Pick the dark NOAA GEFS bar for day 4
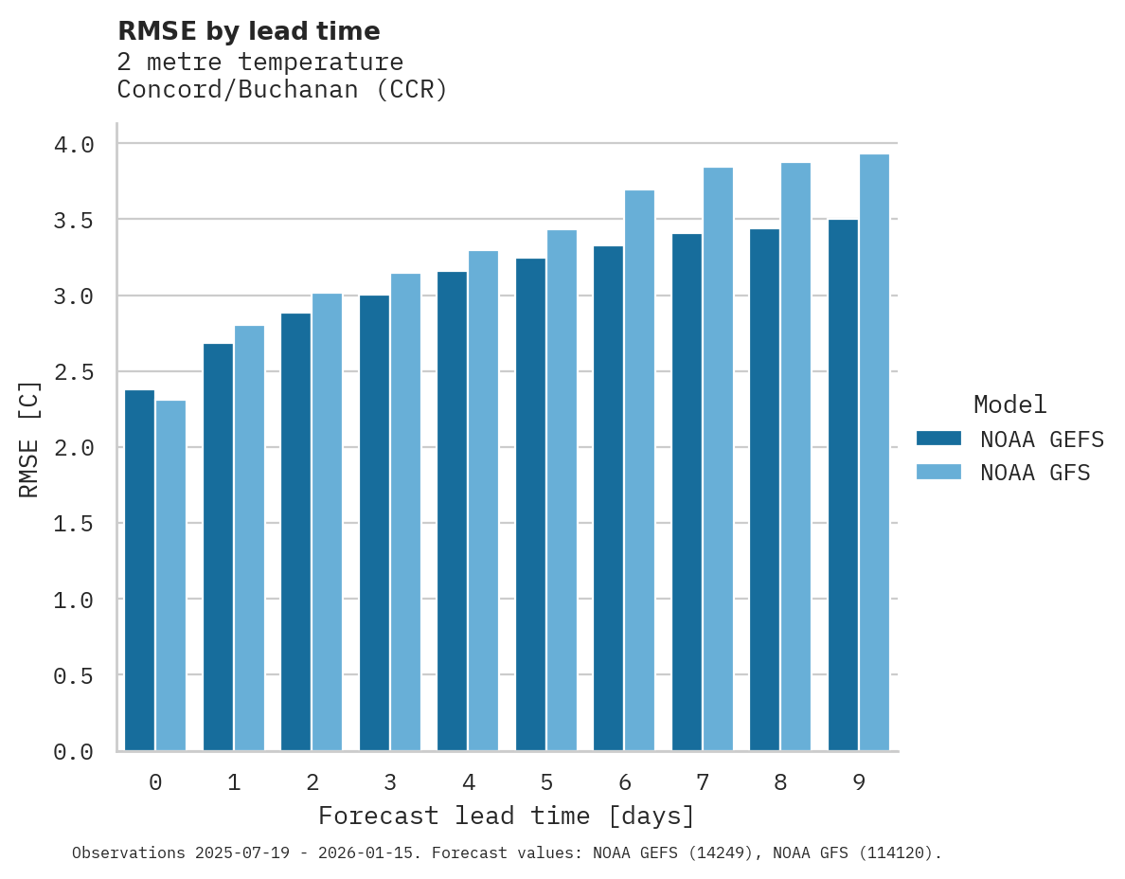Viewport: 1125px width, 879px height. coord(452,511)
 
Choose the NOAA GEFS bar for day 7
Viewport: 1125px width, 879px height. coord(687,493)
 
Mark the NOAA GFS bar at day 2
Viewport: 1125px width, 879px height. coord(327,522)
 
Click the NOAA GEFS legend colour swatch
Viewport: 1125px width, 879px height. coord(938,439)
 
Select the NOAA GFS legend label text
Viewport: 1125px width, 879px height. coord(1035,473)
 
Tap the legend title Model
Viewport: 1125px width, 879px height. coord(1009,405)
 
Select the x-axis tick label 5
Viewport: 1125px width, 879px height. coord(546,783)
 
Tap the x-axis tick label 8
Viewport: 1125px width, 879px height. coord(780,783)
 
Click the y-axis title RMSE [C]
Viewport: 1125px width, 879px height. coord(29,439)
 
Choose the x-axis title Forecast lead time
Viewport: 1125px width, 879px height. coord(507,816)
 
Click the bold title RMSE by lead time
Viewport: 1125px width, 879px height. coord(249,31)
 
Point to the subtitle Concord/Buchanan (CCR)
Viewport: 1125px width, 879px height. coord(282,91)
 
